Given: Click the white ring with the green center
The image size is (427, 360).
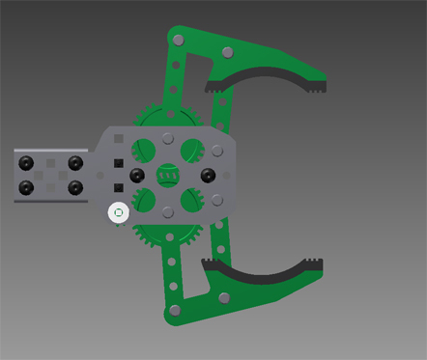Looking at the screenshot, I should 118,211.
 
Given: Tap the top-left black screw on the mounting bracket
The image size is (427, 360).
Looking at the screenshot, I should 28,161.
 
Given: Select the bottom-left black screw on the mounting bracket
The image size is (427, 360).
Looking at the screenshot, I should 28,186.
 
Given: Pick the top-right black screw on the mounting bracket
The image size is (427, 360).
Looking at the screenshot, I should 74,161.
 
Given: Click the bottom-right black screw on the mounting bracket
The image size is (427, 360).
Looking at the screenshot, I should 74,186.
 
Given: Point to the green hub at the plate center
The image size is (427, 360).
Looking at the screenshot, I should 168,175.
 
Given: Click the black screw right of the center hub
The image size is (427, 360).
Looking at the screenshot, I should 207,175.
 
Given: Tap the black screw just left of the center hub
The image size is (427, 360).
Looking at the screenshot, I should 137,175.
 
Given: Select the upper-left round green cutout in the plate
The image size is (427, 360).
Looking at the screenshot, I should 144,150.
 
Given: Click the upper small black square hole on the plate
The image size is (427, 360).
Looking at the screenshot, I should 118,163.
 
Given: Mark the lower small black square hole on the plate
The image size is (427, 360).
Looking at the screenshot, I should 118,187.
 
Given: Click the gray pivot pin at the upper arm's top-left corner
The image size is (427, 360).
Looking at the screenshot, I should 176,40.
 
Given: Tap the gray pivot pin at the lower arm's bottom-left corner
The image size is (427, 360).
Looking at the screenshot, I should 176,310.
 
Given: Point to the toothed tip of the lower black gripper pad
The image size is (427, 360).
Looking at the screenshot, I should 314,263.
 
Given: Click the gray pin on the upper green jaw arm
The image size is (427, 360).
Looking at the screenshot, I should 227,51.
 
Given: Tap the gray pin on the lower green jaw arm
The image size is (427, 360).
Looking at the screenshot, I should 225,297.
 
